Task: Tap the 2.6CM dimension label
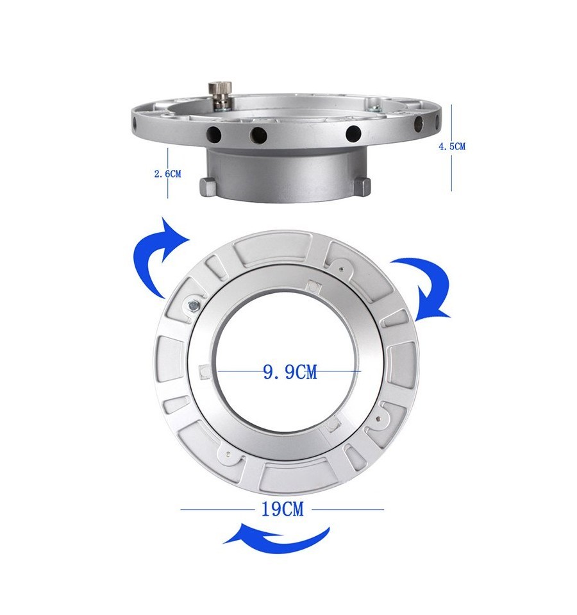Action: pyautogui.click(x=168, y=174)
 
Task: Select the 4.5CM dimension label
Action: pyautogui.click(x=452, y=147)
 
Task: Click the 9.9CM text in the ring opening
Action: pyautogui.click(x=290, y=372)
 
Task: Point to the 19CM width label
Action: pyautogui.click(x=283, y=509)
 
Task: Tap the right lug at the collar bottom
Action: pyautogui.click(x=363, y=186)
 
